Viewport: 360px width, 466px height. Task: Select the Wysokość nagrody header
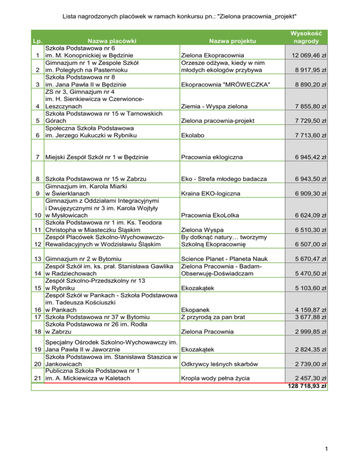pyautogui.click(x=306, y=38)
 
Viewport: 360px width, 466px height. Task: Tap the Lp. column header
pyautogui.click(x=36, y=42)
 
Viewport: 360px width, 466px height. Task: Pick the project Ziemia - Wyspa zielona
pyautogui.click(x=215, y=106)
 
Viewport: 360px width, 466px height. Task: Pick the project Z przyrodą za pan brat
pyautogui.click(x=212, y=317)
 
